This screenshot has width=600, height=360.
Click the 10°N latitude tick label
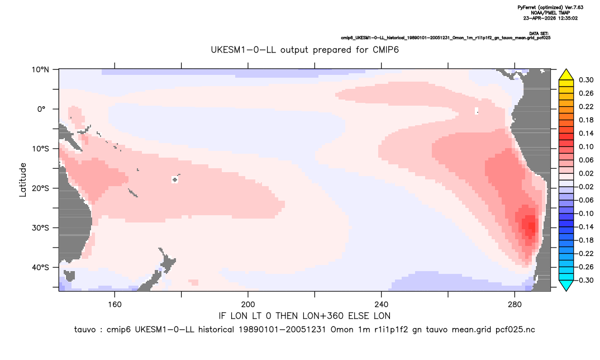[40, 70]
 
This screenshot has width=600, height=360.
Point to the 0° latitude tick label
[42, 109]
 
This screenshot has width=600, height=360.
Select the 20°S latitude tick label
[40, 188]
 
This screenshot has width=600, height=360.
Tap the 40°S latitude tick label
[40, 267]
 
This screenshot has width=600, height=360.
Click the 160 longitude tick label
[115, 305]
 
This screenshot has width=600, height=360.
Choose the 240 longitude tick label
[382, 305]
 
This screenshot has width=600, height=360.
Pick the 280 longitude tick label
[515, 305]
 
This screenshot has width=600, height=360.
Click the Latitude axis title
[23, 180]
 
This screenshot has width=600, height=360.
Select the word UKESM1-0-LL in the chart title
[243, 50]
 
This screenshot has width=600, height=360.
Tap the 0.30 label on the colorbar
[586, 80]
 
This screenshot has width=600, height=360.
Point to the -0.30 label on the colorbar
[585, 280]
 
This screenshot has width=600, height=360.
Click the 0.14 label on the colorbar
[586, 133]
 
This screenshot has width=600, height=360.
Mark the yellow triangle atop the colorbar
[566, 75]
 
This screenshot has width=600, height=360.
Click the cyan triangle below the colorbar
[566, 285]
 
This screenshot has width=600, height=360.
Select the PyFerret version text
[551, 7]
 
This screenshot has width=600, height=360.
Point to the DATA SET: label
[539, 34]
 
